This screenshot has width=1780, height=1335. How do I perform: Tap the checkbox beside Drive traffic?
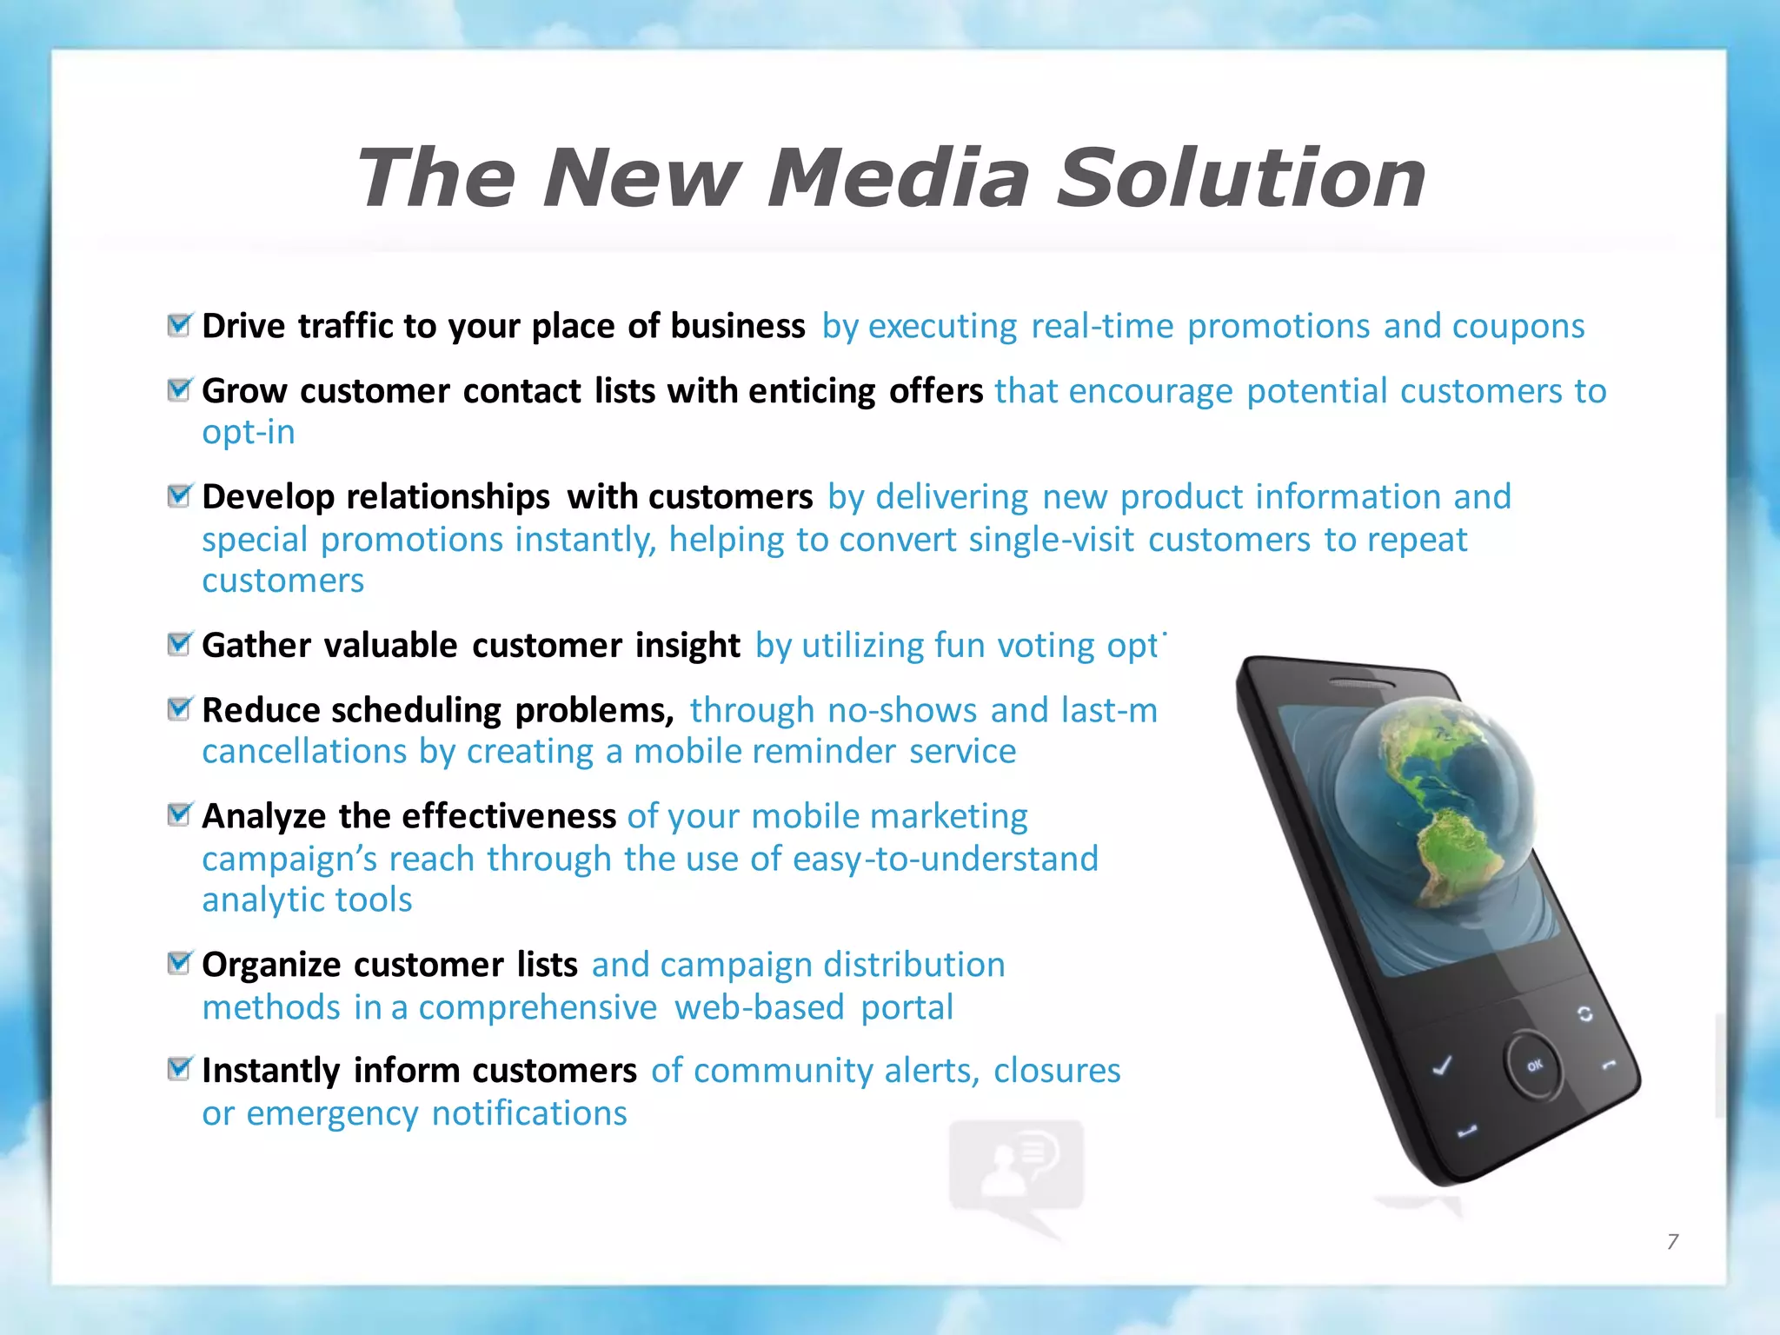tap(179, 325)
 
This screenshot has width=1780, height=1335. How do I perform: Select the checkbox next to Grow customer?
tap(179, 390)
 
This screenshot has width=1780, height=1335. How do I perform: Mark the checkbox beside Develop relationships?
tap(179, 496)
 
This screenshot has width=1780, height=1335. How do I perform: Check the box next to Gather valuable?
tap(179, 645)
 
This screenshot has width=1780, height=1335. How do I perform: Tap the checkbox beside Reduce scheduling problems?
tap(179, 709)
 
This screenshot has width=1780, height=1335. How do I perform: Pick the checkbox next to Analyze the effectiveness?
tap(179, 815)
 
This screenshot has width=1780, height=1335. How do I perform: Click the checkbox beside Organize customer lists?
tap(179, 964)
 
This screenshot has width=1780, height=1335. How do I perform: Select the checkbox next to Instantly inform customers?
tap(179, 1069)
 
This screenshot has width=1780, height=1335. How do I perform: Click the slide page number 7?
tap(1672, 1241)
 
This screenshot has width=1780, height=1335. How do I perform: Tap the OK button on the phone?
tap(1534, 1065)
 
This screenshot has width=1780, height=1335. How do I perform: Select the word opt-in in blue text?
tap(249, 433)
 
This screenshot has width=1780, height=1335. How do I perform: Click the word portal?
tap(907, 1008)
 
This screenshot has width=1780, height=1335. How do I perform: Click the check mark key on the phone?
tap(1442, 1066)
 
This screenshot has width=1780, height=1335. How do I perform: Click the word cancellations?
tap(305, 752)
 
